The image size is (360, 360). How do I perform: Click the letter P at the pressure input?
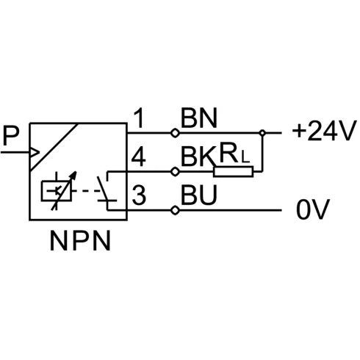click(x=11, y=135)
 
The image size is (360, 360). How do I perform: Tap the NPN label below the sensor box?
click(x=80, y=241)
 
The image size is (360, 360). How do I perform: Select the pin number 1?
click(x=139, y=118)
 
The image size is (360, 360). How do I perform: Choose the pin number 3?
click(x=139, y=195)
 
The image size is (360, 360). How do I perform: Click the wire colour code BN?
click(x=198, y=118)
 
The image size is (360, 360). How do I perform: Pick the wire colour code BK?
click(x=198, y=156)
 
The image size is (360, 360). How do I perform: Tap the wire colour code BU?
click(x=198, y=195)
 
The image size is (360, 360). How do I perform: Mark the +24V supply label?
click(x=324, y=131)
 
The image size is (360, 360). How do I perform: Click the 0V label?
click(x=313, y=209)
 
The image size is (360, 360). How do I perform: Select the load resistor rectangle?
click(x=233, y=172)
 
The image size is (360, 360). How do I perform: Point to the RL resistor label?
click(x=234, y=154)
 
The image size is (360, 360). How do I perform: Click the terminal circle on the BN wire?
click(x=175, y=133)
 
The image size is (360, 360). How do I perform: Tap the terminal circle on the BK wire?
click(x=175, y=172)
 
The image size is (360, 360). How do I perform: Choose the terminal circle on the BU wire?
click(x=175, y=210)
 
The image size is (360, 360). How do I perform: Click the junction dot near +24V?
click(x=262, y=133)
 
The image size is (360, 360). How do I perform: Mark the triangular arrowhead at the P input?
click(x=35, y=153)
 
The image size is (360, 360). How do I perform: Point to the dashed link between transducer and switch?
click(x=86, y=191)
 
